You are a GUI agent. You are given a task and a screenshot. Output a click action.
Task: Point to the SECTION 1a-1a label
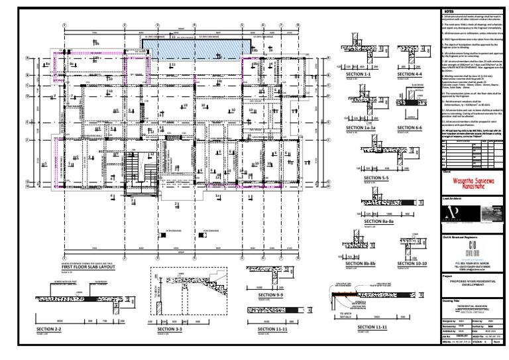[x=362, y=127]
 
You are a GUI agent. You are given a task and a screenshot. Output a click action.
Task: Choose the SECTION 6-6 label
[x=410, y=127]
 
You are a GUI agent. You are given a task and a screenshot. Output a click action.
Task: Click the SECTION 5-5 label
[x=376, y=178]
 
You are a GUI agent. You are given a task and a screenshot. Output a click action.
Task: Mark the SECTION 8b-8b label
[x=361, y=264]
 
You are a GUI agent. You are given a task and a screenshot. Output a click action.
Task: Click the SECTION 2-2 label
[x=49, y=329]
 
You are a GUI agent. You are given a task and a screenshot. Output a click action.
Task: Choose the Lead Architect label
[x=452, y=198]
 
